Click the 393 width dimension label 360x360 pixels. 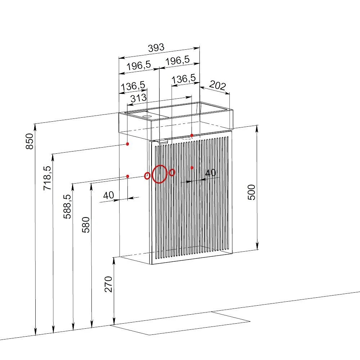tap(156, 48)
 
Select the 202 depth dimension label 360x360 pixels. tap(217, 85)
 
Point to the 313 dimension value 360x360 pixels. tap(139, 98)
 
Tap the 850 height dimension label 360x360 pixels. tap(30, 141)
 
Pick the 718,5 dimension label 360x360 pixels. tap(48, 178)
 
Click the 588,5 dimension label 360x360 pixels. tap(67, 207)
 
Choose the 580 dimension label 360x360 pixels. tap(86, 225)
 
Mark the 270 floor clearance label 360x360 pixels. tap(108, 284)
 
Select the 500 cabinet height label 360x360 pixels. tap(252, 192)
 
